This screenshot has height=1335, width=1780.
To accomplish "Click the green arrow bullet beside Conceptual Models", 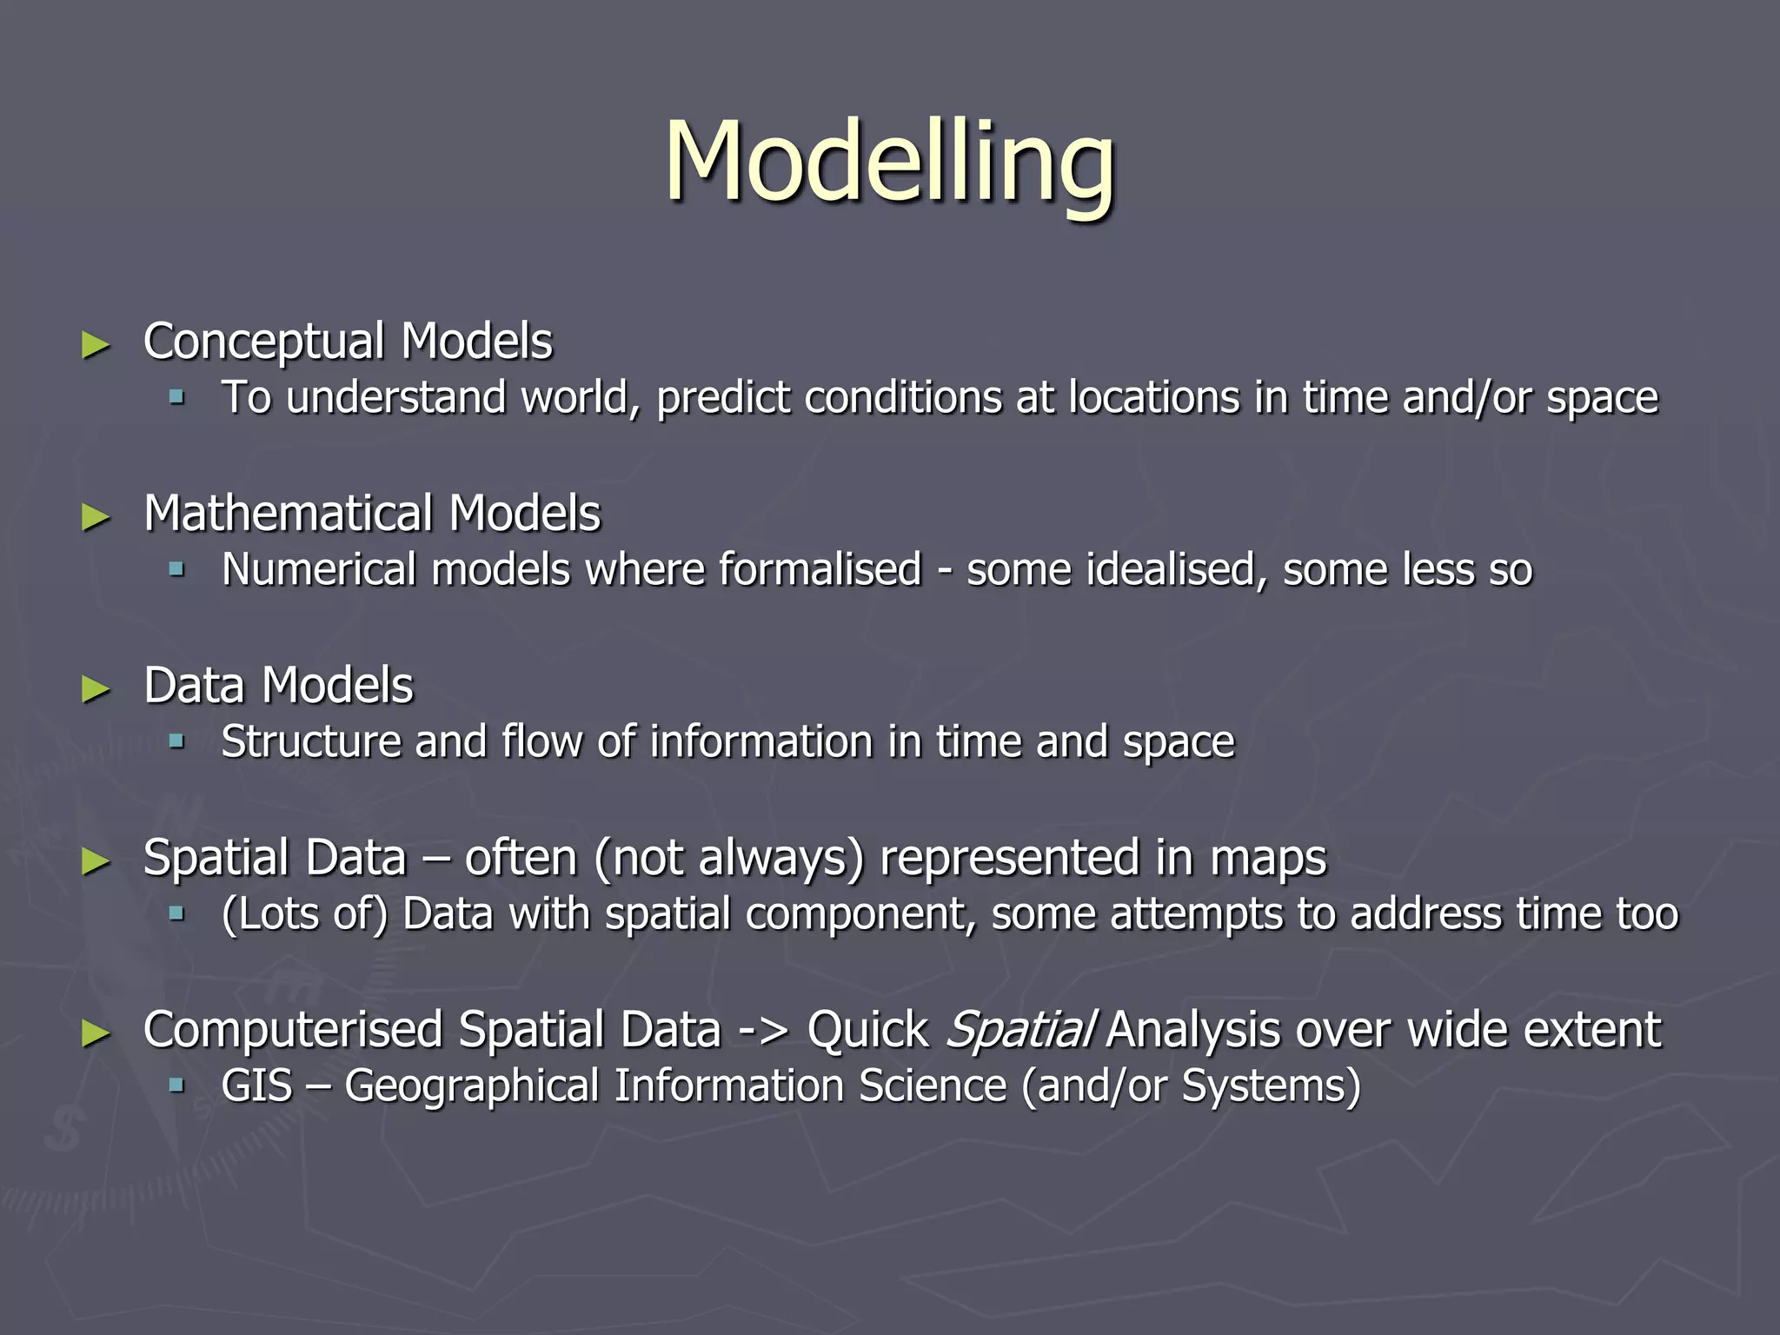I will (x=96, y=345).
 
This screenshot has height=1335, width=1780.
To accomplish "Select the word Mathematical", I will (x=288, y=513).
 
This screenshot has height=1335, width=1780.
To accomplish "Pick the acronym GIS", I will (x=256, y=1086).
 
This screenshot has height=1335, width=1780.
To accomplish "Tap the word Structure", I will (x=310, y=742).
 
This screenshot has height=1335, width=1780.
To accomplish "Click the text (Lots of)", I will (x=304, y=914).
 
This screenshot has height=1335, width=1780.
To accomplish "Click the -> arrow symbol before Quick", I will (x=763, y=1032).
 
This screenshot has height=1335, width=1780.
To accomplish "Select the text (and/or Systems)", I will (x=1191, y=1086).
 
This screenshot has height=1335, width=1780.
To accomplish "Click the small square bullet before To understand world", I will (x=177, y=398).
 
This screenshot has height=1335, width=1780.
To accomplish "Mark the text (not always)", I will (x=729, y=858).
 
